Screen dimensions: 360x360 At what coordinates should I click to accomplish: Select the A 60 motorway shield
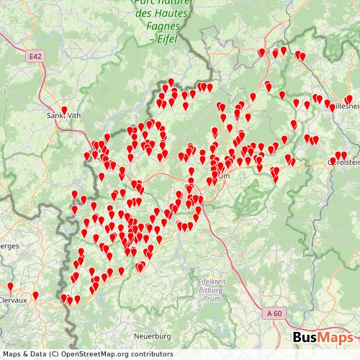click(274, 314)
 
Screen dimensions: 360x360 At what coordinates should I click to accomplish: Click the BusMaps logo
click(323, 338)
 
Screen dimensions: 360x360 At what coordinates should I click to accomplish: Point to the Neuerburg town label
click(153, 336)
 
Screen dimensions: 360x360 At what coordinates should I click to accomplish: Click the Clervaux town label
click(13, 300)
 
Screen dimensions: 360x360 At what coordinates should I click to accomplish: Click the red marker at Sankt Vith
click(64, 111)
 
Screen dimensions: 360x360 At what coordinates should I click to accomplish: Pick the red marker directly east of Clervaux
click(35, 295)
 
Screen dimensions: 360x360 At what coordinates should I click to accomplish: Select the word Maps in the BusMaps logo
click(336, 338)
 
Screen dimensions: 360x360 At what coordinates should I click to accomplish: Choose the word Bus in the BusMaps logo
click(305, 338)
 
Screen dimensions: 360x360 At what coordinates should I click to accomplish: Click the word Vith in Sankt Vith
click(73, 116)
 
